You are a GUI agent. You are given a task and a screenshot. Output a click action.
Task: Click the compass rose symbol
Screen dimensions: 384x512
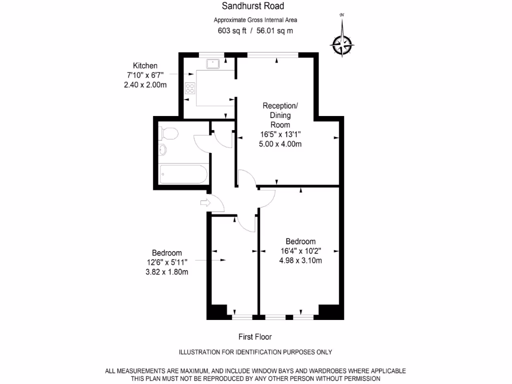point(342,45)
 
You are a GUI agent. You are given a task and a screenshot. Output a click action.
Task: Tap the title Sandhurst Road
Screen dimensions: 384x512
point(253,6)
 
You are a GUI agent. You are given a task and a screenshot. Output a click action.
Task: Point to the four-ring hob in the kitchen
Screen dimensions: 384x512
point(190,88)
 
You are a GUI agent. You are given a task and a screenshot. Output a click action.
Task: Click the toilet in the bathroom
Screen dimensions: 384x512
point(167,133)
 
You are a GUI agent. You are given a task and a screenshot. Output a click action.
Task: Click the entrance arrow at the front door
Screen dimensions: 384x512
point(204,202)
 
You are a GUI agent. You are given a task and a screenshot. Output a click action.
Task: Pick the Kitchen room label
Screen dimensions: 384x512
point(145,65)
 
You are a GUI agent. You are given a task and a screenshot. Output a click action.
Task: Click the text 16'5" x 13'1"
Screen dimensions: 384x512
point(280,134)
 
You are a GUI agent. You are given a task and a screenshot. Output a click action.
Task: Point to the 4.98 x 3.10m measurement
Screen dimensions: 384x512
point(300,260)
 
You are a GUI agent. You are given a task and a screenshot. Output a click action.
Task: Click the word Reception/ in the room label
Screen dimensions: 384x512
point(280,106)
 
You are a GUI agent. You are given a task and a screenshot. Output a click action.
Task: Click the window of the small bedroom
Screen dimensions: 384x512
point(242,316)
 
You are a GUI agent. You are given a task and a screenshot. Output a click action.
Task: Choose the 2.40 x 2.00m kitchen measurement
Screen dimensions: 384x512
point(145,84)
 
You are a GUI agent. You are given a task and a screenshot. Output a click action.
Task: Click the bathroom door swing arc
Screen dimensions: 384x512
point(200,145)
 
